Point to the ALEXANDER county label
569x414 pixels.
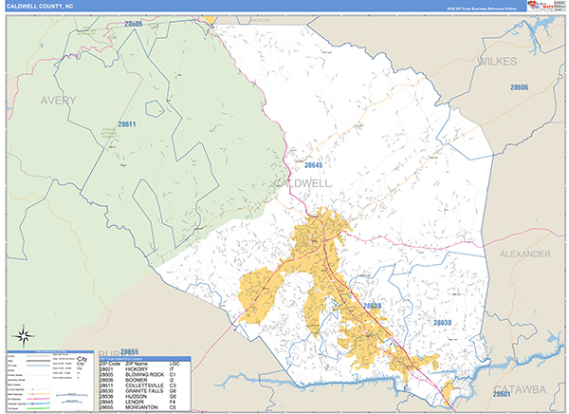[x=523, y=254]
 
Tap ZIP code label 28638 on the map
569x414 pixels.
[x=373, y=306]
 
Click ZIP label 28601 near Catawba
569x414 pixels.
[x=507, y=392]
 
